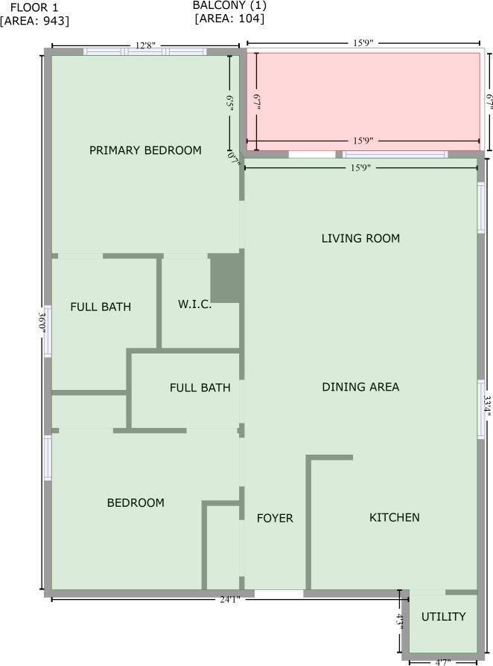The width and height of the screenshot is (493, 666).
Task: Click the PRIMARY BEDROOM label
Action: pos(145,150)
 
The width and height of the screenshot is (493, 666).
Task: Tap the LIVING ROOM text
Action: pos(360,239)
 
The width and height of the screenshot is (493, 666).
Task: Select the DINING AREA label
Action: pos(360,387)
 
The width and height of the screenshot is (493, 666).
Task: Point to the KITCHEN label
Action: pos(395,518)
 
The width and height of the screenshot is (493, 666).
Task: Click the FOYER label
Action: pos(275,519)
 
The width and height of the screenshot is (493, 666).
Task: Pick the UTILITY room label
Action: pos(444,617)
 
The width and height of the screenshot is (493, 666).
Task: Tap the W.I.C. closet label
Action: pos(194,305)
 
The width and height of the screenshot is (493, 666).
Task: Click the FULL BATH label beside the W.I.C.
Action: pos(101,307)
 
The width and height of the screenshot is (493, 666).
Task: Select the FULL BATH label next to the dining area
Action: pos(200,388)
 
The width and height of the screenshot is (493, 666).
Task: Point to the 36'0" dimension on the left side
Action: pos(42,324)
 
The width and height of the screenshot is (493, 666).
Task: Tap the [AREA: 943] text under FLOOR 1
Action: pos(35,21)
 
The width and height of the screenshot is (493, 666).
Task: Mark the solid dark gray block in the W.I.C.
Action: pos(226,278)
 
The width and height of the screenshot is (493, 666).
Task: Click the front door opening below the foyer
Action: pos(279,594)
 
